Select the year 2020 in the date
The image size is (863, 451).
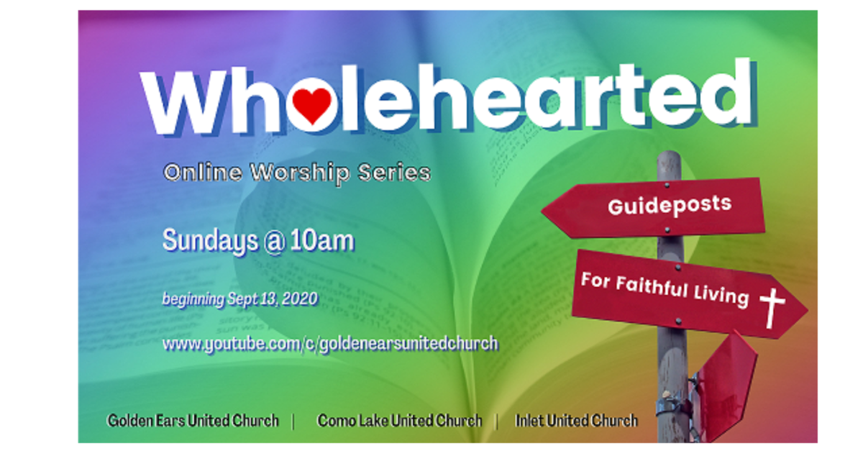[297, 299]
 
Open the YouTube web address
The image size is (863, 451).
[330, 343]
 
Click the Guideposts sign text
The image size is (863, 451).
[669, 205]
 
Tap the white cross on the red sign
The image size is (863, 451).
[772, 306]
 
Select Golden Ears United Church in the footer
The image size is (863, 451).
[193, 421]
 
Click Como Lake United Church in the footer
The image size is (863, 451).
[399, 421]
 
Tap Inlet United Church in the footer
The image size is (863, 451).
[576, 421]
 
